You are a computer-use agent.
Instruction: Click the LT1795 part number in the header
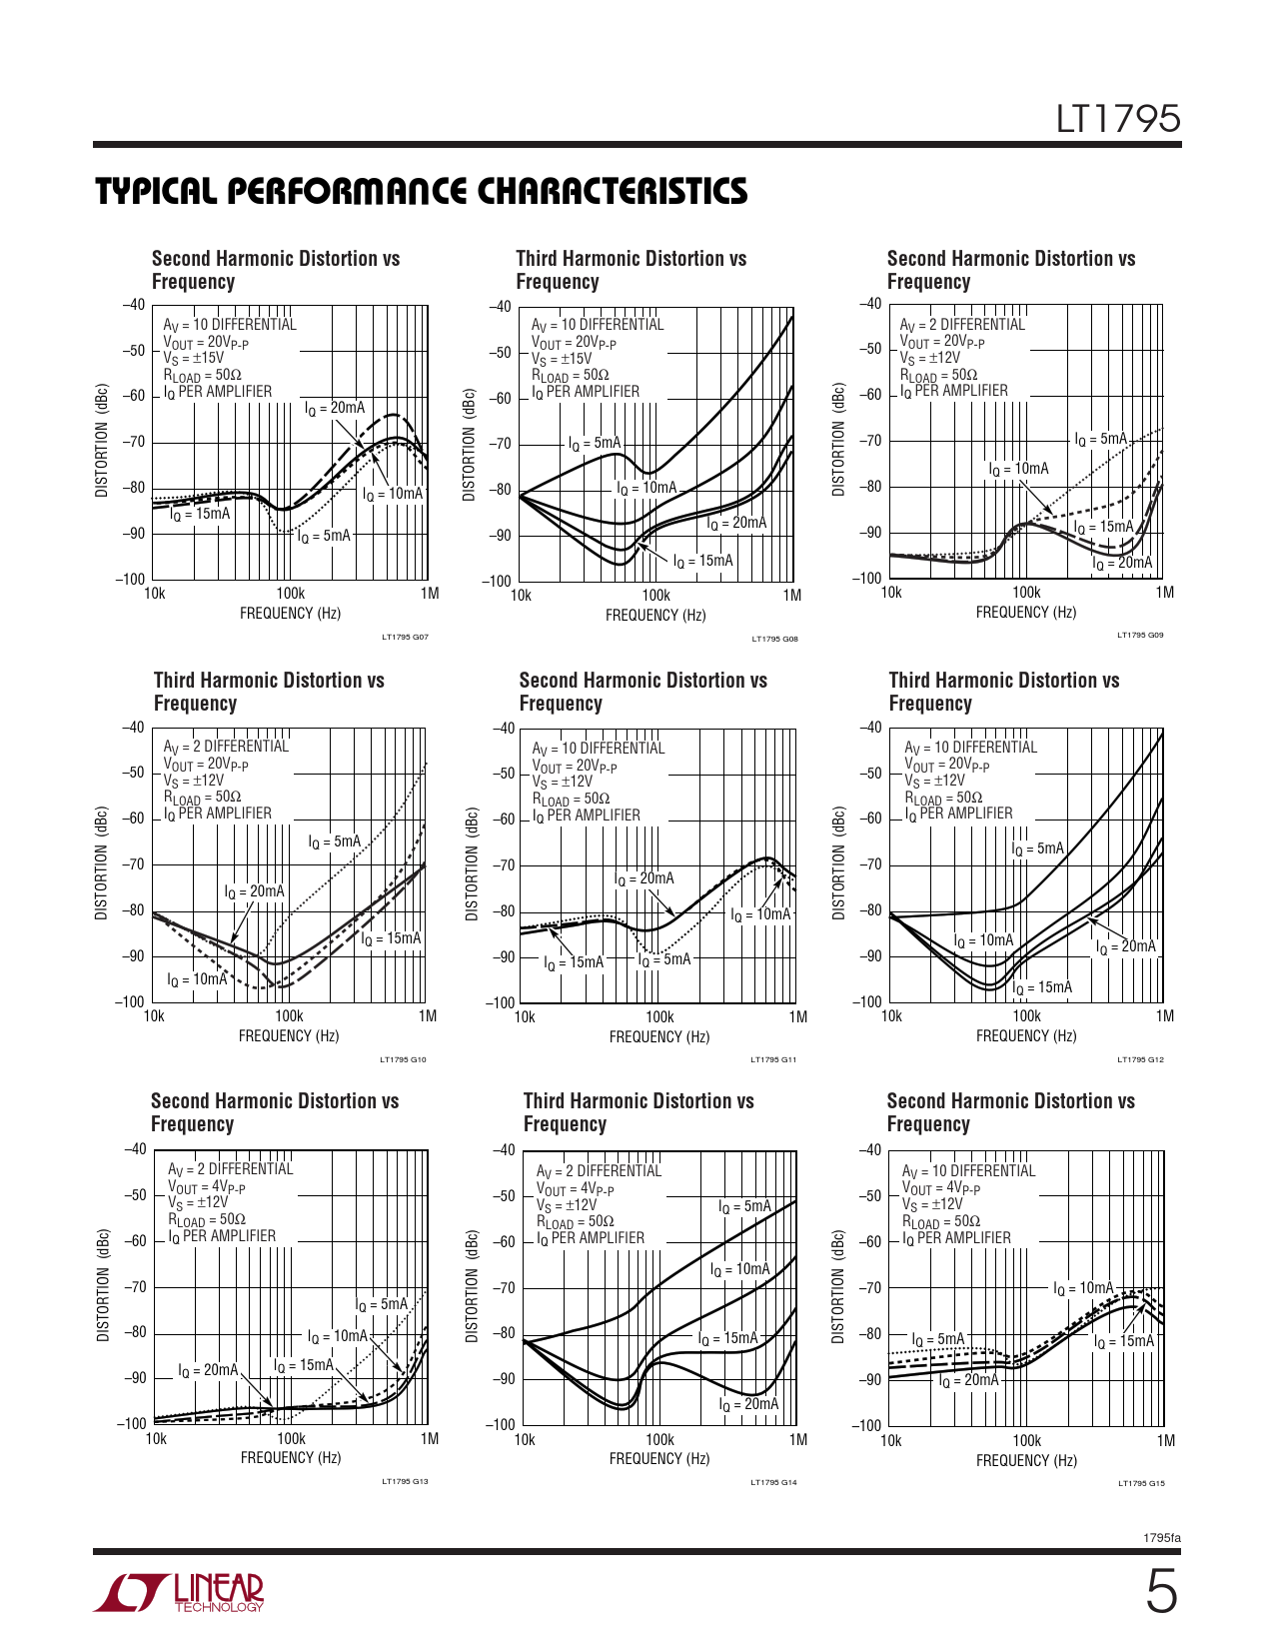(1118, 120)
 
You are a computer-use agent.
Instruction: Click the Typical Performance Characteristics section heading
(421, 192)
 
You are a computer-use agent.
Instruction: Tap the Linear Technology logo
(181, 1593)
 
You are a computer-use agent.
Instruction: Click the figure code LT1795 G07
(405, 637)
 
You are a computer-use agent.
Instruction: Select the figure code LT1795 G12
(1140, 1059)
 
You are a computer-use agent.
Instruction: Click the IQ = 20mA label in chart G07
(335, 408)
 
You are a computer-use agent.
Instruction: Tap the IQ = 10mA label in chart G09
(1018, 469)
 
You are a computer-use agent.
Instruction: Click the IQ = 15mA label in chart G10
(391, 938)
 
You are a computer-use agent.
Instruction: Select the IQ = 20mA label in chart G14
(747, 1404)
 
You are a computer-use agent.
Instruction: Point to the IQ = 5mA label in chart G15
(937, 1339)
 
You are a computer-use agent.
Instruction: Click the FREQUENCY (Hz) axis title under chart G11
(658, 1037)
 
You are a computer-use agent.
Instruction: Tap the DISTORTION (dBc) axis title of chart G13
(103, 1285)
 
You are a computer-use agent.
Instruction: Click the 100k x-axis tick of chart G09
(1026, 593)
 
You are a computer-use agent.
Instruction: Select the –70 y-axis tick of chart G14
(505, 1287)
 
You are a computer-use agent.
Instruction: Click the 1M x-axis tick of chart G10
(428, 1016)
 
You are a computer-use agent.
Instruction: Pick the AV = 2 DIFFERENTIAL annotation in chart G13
(230, 1169)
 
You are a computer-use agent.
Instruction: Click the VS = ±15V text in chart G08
(562, 359)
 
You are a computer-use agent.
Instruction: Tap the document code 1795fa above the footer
(1161, 1538)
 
